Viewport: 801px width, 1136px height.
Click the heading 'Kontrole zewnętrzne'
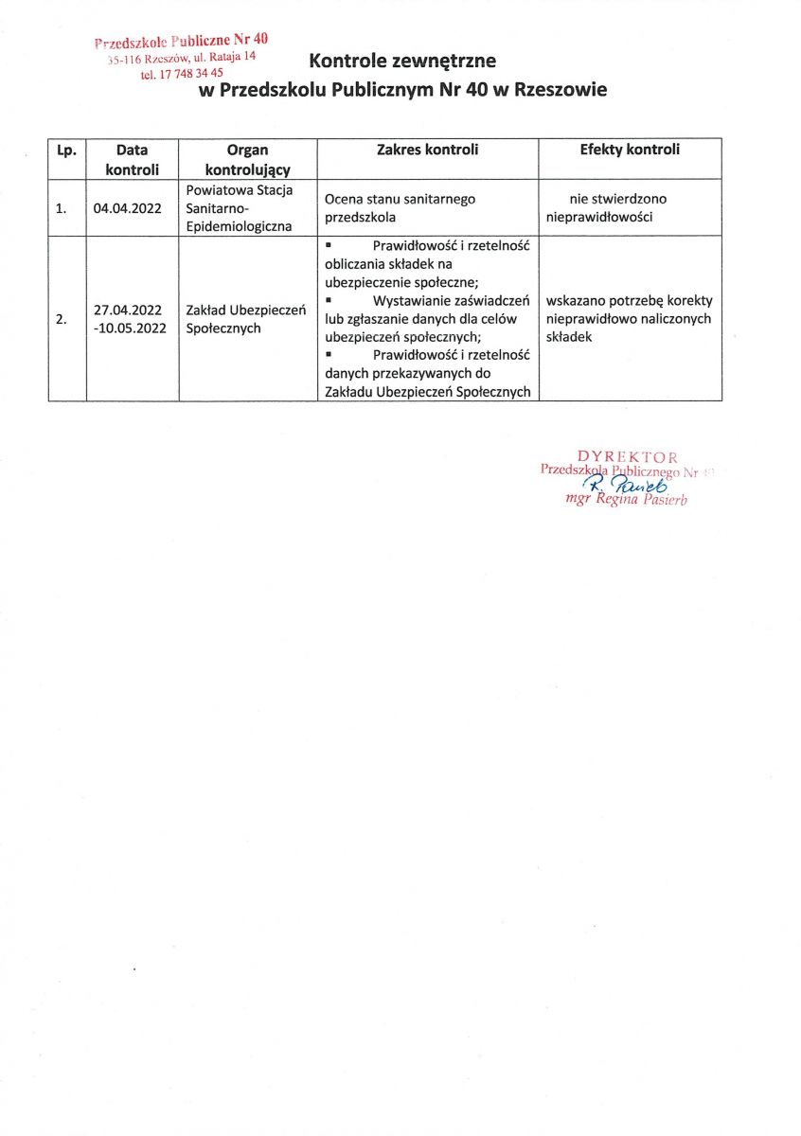(x=401, y=62)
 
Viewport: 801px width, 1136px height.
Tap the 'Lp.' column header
(x=66, y=150)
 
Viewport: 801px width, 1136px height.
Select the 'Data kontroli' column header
(x=132, y=159)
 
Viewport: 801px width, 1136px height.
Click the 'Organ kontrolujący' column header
(x=248, y=159)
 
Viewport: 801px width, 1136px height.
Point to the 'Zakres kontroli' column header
(x=427, y=150)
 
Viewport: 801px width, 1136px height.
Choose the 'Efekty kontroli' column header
(x=630, y=150)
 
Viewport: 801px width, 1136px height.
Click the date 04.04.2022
(x=128, y=208)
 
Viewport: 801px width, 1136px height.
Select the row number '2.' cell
(x=62, y=319)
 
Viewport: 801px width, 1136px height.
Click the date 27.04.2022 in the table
(x=128, y=310)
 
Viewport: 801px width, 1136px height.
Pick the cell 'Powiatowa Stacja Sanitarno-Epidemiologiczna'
(x=241, y=208)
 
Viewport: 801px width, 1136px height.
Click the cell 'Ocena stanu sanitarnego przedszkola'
(x=400, y=207)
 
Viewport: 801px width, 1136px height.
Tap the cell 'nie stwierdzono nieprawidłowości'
(x=613, y=207)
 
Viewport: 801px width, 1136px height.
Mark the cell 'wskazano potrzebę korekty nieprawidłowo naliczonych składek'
(x=629, y=318)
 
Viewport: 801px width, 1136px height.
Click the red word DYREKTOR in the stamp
(x=627, y=457)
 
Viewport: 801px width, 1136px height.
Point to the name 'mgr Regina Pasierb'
(x=625, y=499)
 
